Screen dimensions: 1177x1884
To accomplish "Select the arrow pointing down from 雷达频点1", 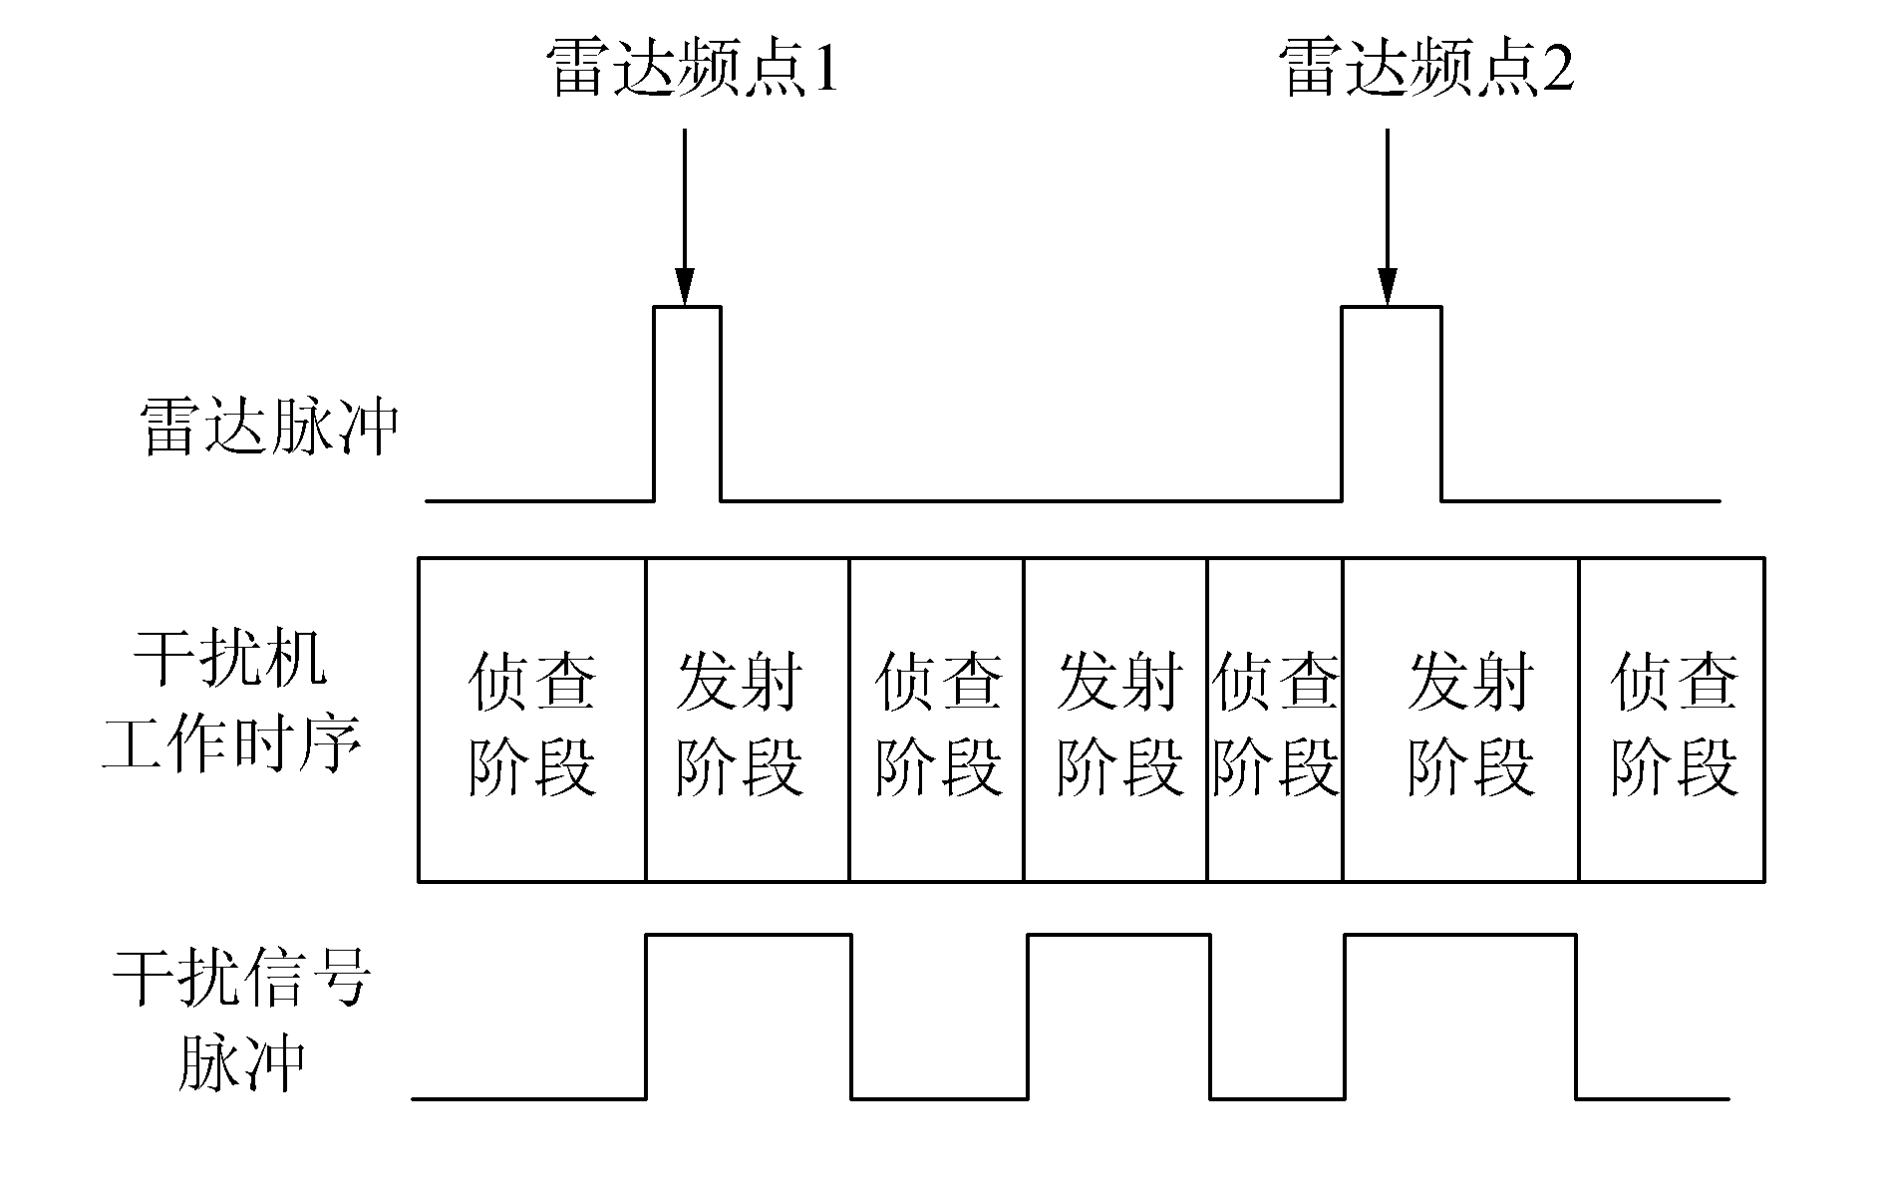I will point(684,214).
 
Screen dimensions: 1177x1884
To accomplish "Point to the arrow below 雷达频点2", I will point(1387,214).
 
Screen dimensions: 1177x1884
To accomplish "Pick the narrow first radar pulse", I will point(687,404).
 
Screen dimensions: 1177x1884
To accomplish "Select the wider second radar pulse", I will point(1392,404).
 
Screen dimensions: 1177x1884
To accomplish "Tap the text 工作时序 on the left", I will point(231,744).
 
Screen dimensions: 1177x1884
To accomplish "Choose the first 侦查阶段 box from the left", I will point(531,720).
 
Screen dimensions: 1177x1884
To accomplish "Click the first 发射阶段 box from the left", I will point(747,720).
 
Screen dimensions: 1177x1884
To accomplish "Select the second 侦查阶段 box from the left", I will point(936,720).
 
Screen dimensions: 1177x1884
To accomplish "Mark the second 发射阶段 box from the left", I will point(1115,720).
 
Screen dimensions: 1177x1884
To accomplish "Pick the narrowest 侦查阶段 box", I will point(1275,720).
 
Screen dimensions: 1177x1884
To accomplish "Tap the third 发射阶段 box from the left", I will point(1460,720).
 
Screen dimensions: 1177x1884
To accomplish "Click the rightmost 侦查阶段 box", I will point(1672,720).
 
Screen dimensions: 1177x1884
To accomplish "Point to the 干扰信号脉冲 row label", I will point(241,1020).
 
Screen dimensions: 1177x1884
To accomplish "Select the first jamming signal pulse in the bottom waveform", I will point(749,1017).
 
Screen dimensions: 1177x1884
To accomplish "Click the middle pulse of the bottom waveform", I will point(1119,1017).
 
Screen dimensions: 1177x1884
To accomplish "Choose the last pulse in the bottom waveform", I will point(1460,1017).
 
